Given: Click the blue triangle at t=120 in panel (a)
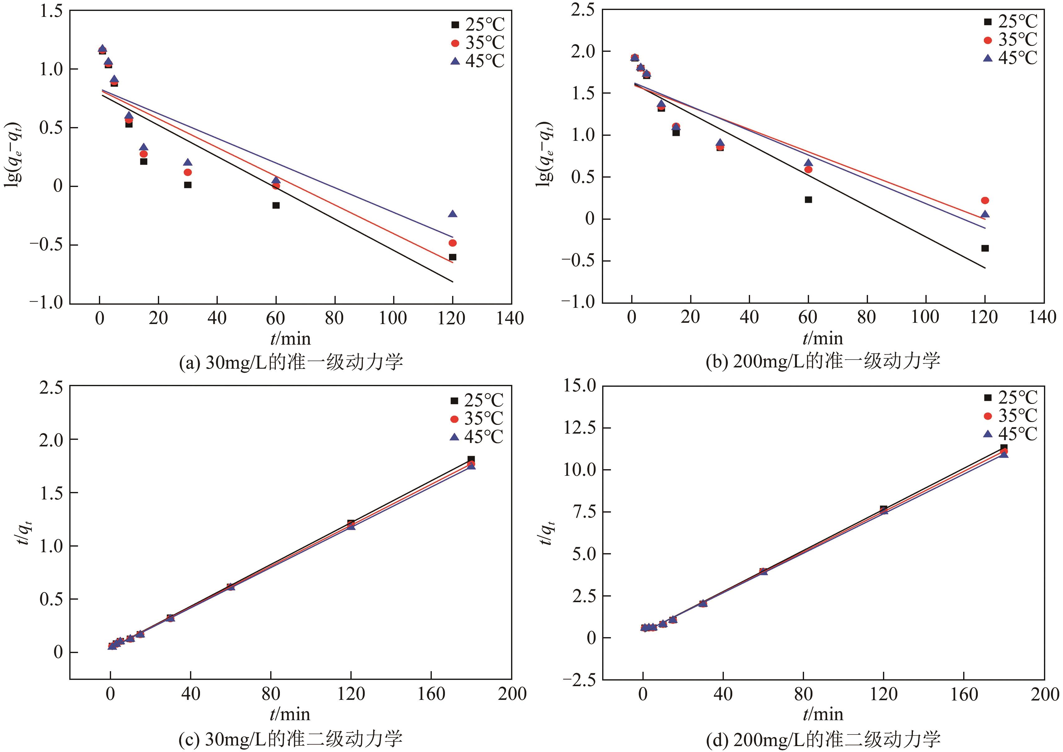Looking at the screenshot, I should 452,214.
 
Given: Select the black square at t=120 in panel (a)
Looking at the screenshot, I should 452,257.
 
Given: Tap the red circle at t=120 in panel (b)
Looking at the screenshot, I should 985,200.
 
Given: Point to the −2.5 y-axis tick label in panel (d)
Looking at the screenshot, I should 578,680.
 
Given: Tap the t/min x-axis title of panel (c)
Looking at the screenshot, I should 290,714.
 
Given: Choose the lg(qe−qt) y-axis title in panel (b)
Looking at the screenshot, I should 545,154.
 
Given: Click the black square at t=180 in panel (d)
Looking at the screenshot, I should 1004,448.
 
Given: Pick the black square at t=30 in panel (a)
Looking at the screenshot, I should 188,185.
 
